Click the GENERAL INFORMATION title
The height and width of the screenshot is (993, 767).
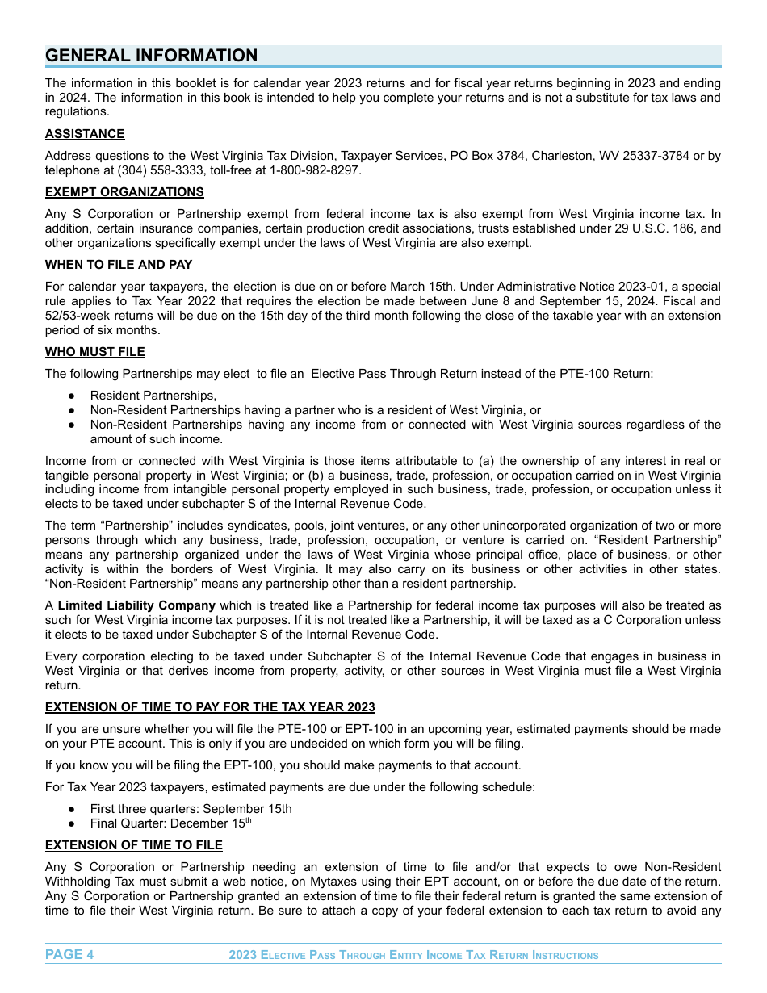pos(152,56)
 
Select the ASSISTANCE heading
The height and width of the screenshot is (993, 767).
pos(85,134)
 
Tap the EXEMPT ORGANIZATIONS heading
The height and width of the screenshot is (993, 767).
pos(124,192)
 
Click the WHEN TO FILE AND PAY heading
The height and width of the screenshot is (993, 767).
pos(119,265)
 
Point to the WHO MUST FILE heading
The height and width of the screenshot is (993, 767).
pos(95,352)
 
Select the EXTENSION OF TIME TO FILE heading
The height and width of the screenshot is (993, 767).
pos(134,845)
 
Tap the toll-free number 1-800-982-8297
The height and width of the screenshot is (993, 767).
pos(315,171)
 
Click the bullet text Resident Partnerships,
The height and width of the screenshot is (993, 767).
pos(153,396)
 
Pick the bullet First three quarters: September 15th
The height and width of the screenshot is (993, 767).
pos(191,809)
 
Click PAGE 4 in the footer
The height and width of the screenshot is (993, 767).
pos(69,955)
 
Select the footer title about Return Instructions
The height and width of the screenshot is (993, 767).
pos(413,956)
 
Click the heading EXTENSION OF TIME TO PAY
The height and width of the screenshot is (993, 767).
pos(210,707)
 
